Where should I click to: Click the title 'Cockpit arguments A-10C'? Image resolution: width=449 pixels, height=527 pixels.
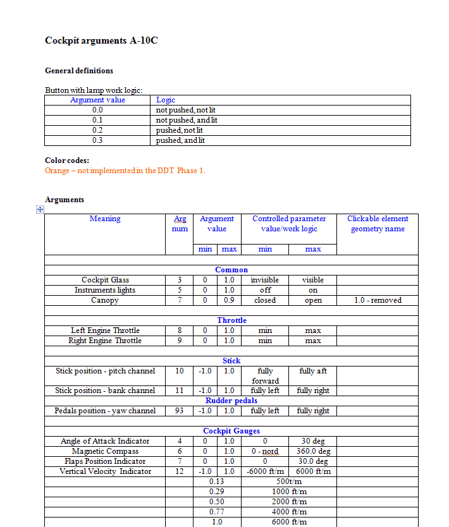tap(101, 40)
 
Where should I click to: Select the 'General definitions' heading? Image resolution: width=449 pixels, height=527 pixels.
tap(79, 71)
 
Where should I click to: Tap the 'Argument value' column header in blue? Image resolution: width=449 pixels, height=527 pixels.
tap(97, 100)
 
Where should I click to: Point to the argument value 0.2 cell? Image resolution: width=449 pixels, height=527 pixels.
tap(97, 130)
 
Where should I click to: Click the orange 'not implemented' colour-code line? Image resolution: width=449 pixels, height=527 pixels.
tap(125, 171)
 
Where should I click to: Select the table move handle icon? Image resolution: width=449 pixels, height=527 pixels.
tap(39, 209)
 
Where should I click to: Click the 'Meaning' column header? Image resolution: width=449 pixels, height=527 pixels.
tap(105, 219)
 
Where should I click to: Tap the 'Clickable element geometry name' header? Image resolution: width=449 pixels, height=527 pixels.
tap(378, 224)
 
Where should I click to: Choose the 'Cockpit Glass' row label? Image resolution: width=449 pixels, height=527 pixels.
tap(105, 280)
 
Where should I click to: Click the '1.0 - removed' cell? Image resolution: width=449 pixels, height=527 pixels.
tap(378, 300)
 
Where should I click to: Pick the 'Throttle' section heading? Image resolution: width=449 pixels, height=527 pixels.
tap(231, 320)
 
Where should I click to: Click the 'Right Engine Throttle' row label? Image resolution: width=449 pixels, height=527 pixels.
tap(105, 341)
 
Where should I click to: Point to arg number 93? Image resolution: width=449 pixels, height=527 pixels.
tap(180, 411)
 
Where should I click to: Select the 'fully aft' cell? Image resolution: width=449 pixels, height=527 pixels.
tap(313, 371)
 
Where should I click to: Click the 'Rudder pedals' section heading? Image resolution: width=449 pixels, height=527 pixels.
tap(231, 401)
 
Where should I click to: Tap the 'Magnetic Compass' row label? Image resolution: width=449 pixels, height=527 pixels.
tap(105, 451)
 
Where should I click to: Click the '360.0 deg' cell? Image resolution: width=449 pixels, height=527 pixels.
tap(313, 451)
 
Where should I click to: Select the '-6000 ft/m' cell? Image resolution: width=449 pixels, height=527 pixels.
tap(265, 471)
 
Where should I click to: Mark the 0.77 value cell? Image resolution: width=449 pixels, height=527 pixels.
tap(217, 512)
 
